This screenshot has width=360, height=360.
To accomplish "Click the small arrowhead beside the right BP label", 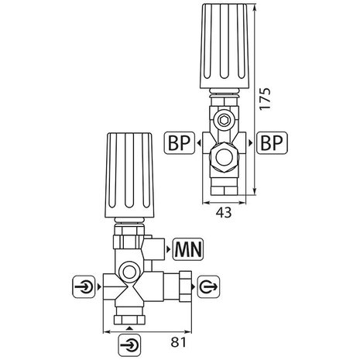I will click(x=254, y=144).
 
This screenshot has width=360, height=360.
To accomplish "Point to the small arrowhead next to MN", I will click(x=168, y=249).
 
